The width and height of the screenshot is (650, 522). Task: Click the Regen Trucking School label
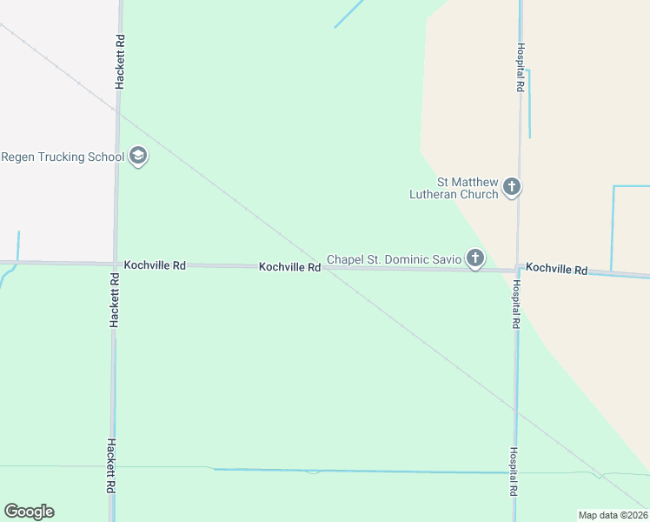(x=62, y=157)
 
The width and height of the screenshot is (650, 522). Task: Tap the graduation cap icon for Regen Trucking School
(x=137, y=157)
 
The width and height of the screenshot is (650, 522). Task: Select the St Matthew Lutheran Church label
(x=454, y=188)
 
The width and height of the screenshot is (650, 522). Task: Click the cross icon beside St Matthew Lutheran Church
(x=512, y=186)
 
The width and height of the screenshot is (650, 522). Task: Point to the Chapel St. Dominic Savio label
(x=394, y=259)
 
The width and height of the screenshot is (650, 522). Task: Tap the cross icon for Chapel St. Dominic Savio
(x=474, y=258)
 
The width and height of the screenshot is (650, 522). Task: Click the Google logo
(x=29, y=512)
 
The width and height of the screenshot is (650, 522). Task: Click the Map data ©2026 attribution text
(x=614, y=515)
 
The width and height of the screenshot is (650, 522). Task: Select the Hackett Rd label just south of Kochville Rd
(x=114, y=298)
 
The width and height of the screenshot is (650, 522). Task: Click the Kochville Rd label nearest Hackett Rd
(x=155, y=264)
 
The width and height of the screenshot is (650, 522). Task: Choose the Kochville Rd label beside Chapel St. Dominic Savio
(x=289, y=267)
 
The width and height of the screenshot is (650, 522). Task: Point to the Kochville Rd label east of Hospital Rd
(x=556, y=270)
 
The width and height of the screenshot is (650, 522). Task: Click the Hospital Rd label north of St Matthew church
(x=520, y=68)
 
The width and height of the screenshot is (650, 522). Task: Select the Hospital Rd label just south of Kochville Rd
(x=516, y=304)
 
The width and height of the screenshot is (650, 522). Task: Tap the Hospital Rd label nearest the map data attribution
(x=514, y=472)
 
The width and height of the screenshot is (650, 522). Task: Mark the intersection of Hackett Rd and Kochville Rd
(x=115, y=263)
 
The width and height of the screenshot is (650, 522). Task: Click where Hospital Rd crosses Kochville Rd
(x=517, y=270)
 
